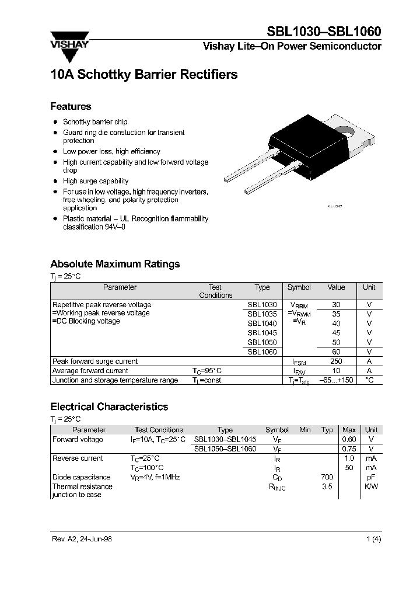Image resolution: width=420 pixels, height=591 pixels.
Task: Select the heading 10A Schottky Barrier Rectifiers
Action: click(x=144, y=75)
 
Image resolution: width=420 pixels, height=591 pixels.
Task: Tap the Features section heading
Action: click(x=71, y=106)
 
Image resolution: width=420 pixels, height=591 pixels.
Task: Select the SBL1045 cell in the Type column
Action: click(x=262, y=333)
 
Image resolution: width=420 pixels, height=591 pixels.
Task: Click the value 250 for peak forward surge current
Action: click(x=336, y=361)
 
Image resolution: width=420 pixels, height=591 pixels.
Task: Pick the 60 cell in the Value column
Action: click(x=336, y=352)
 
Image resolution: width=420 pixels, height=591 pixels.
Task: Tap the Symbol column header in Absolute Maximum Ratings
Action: click(x=299, y=287)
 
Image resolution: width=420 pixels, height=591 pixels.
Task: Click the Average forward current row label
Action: click(x=90, y=371)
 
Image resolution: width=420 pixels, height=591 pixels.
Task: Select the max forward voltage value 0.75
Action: click(x=349, y=449)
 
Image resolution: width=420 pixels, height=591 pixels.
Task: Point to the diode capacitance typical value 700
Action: click(x=327, y=477)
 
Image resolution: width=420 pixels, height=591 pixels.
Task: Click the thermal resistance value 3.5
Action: click(x=327, y=486)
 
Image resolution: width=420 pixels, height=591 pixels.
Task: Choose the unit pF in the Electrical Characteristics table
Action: click(x=370, y=477)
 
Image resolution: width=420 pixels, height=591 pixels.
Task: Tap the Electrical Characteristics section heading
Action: click(x=109, y=406)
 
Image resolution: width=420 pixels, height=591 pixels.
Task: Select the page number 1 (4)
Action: click(x=373, y=539)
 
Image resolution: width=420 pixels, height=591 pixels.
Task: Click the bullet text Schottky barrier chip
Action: click(x=95, y=122)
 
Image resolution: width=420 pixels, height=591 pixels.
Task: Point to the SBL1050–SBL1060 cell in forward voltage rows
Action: click(x=225, y=449)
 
